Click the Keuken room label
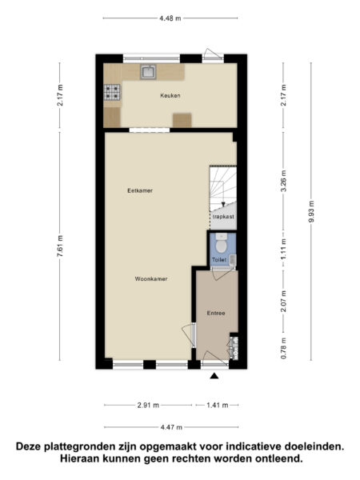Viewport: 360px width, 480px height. point(170,95)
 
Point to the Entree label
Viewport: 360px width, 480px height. point(214,314)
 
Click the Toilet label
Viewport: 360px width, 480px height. point(218,261)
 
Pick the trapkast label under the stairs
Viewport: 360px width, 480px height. point(222,217)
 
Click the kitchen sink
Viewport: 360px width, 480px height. point(149,72)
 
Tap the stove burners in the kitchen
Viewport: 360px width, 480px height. point(111,93)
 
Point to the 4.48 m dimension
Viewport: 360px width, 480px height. point(170,17)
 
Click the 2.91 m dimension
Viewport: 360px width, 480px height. point(147,405)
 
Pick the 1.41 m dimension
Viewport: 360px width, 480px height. point(217,405)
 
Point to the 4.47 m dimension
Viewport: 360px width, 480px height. point(170,427)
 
